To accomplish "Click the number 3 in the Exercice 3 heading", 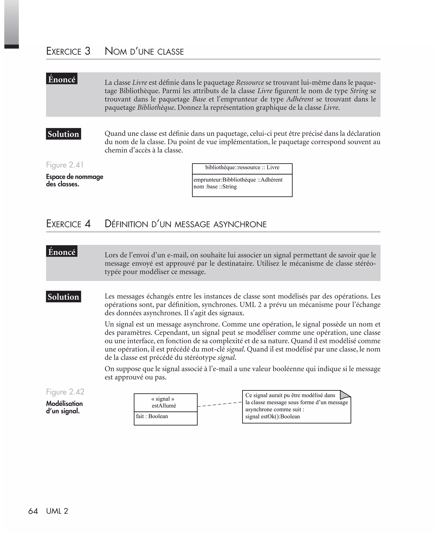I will [x=87, y=51].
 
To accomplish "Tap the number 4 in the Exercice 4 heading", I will [x=87, y=224].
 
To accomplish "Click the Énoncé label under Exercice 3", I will [x=62, y=79].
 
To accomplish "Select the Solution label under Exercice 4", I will [x=63, y=297].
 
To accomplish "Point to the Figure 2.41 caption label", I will [x=65, y=165].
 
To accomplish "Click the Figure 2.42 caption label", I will [x=65, y=392].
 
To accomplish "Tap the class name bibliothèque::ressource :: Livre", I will [x=242, y=167].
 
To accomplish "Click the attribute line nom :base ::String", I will [x=215, y=187].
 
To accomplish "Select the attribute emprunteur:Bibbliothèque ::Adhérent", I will [x=238, y=180].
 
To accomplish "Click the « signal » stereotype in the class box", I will [x=163, y=399].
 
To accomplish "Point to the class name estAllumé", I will [x=164, y=406].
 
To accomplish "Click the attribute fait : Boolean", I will [x=152, y=416].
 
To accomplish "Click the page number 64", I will [x=33, y=511].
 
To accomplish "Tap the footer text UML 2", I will [x=57, y=511].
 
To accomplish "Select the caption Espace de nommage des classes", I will [x=74, y=180].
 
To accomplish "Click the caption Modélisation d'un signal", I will [x=64, y=407].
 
